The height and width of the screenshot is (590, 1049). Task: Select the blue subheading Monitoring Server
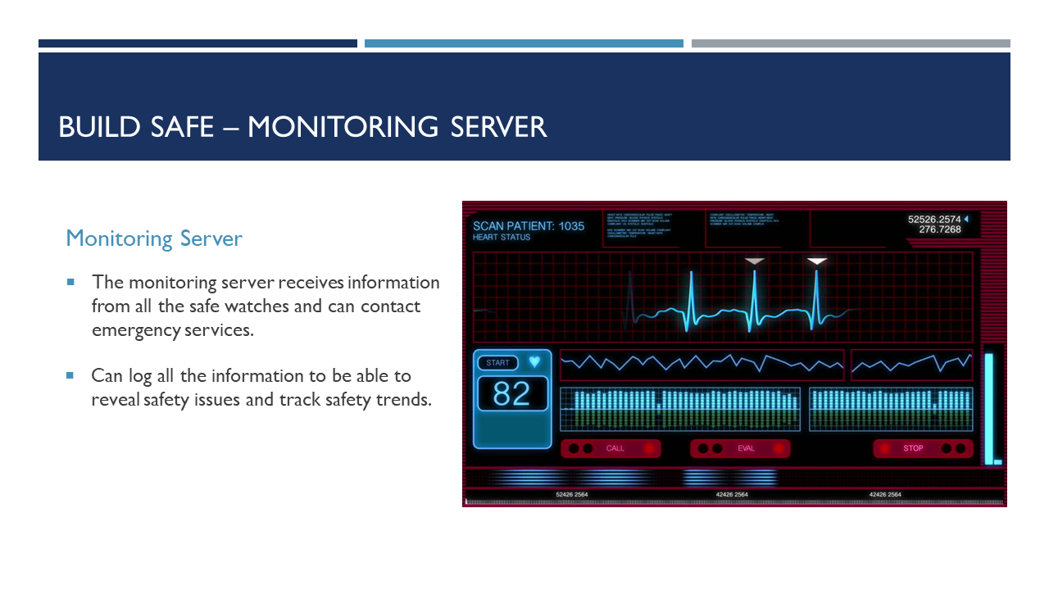click(154, 238)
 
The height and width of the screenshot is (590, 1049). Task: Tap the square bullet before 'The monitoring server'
click(70, 282)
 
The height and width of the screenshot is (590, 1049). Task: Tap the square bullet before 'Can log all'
click(70, 375)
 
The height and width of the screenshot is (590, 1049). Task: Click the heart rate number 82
click(511, 394)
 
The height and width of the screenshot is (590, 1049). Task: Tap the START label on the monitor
click(497, 363)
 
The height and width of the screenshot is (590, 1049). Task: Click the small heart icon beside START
click(534, 361)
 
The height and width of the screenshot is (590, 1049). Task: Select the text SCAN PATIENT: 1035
click(529, 225)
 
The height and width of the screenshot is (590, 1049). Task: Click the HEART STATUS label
click(502, 238)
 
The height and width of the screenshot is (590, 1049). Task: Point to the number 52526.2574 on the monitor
click(934, 219)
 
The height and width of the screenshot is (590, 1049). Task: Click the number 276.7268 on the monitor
click(940, 229)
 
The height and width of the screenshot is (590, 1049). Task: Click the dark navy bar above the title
click(198, 43)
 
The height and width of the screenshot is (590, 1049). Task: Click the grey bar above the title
click(851, 43)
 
